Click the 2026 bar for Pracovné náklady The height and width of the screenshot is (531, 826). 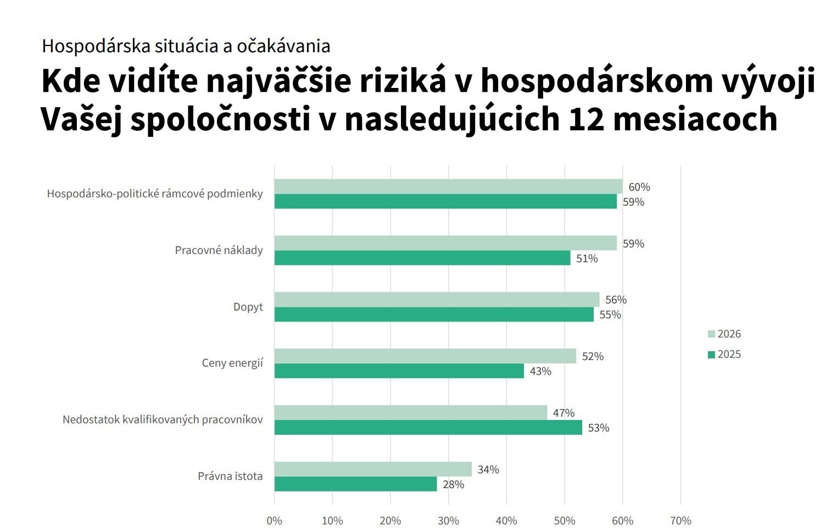coord(445,243)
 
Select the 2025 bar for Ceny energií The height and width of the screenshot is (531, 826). coord(399,371)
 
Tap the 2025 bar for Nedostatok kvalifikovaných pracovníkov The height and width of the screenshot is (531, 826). coord(428,428)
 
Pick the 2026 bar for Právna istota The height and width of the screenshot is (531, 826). coord(372,469)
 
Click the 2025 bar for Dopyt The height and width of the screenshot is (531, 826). coord(434,314)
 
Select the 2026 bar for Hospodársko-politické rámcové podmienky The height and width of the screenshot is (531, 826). coord(448,186)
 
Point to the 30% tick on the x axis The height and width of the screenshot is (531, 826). coord(448,521)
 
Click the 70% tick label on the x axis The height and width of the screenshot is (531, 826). coord(680,521)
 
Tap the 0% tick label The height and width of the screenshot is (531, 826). coord(274,521)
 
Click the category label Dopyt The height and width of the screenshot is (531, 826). coord(248,307)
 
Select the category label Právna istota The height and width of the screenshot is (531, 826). coord(230,476)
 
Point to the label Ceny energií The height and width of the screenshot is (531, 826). coord(232,363)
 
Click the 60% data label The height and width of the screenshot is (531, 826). coord(639,187)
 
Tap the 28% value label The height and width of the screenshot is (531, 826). coord(454,484)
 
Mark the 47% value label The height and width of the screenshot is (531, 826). coord(563,413)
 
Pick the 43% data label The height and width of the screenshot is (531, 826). coord(540,371)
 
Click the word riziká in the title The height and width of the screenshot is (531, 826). coord(403,81)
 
